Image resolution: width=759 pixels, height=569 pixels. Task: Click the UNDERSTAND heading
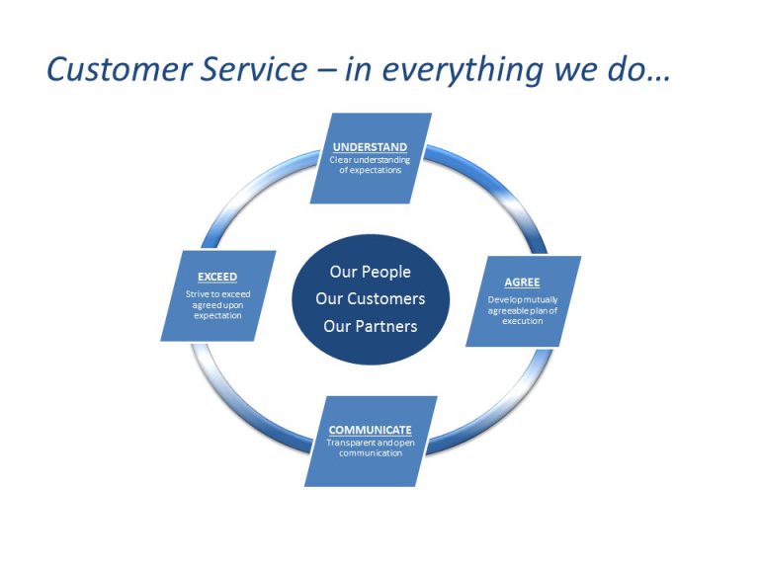click(x=370, y=147)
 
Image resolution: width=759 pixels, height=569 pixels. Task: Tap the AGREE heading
click(x=522, y=282)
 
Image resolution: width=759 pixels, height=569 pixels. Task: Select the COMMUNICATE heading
click(x=370, y=430)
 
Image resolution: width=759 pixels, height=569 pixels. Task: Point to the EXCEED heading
click(x=217, y=277)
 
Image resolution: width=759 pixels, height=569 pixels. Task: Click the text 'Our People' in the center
click(x=370, y=272)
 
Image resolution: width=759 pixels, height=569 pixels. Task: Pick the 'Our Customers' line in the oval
click(x=370, y=298)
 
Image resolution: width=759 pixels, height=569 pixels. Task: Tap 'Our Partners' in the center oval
click(x=370, y=326)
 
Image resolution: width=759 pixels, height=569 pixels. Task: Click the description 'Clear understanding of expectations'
click(x=370, y=165)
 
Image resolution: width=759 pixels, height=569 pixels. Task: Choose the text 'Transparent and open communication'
click(x=370, y=447)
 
